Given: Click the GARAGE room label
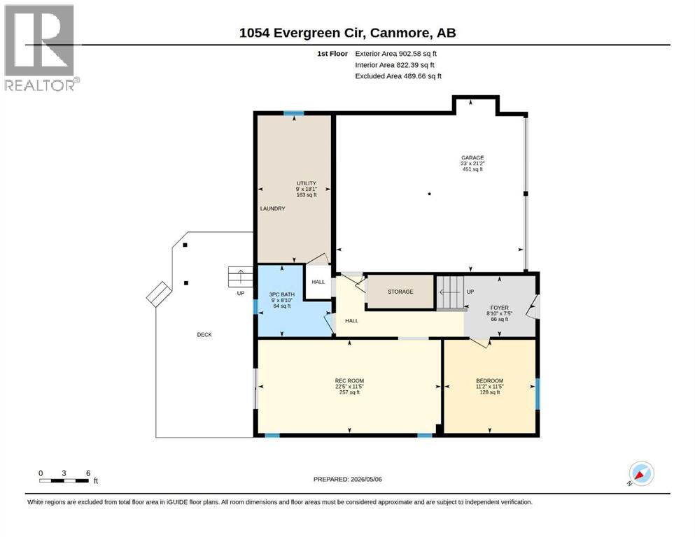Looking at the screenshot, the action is click(x=472, y=157).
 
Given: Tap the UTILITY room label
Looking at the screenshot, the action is click(x=307, y=183).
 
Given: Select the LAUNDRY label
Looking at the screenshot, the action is click(x=272, y=208).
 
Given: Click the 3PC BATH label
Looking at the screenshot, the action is click(x=282, y=294).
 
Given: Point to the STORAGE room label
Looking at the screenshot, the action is click(x=400, y=292).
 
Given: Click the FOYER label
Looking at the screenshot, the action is click(x=500, y=308).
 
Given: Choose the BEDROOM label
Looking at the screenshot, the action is click(x=490, y=381).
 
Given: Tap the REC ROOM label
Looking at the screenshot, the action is click(x=349, y=381).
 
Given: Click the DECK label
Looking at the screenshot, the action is click(x=204, y=335).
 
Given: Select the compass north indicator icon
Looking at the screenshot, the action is click(x=641, y=473).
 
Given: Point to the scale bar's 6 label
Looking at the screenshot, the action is click(x=88, y=473).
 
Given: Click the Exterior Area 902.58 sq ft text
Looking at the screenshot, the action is click(x=396, y=54).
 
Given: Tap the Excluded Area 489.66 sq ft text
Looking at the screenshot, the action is click(x=398, y=76).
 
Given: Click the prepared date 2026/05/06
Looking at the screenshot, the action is click(x=366, y=480).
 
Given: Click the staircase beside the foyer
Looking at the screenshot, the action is click(x=450, y=293).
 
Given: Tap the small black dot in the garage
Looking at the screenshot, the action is click(x=430, y=194).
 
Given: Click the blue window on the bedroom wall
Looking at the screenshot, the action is click(x=538, y=394).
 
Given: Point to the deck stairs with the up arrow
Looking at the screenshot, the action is click(x=240, y=277).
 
